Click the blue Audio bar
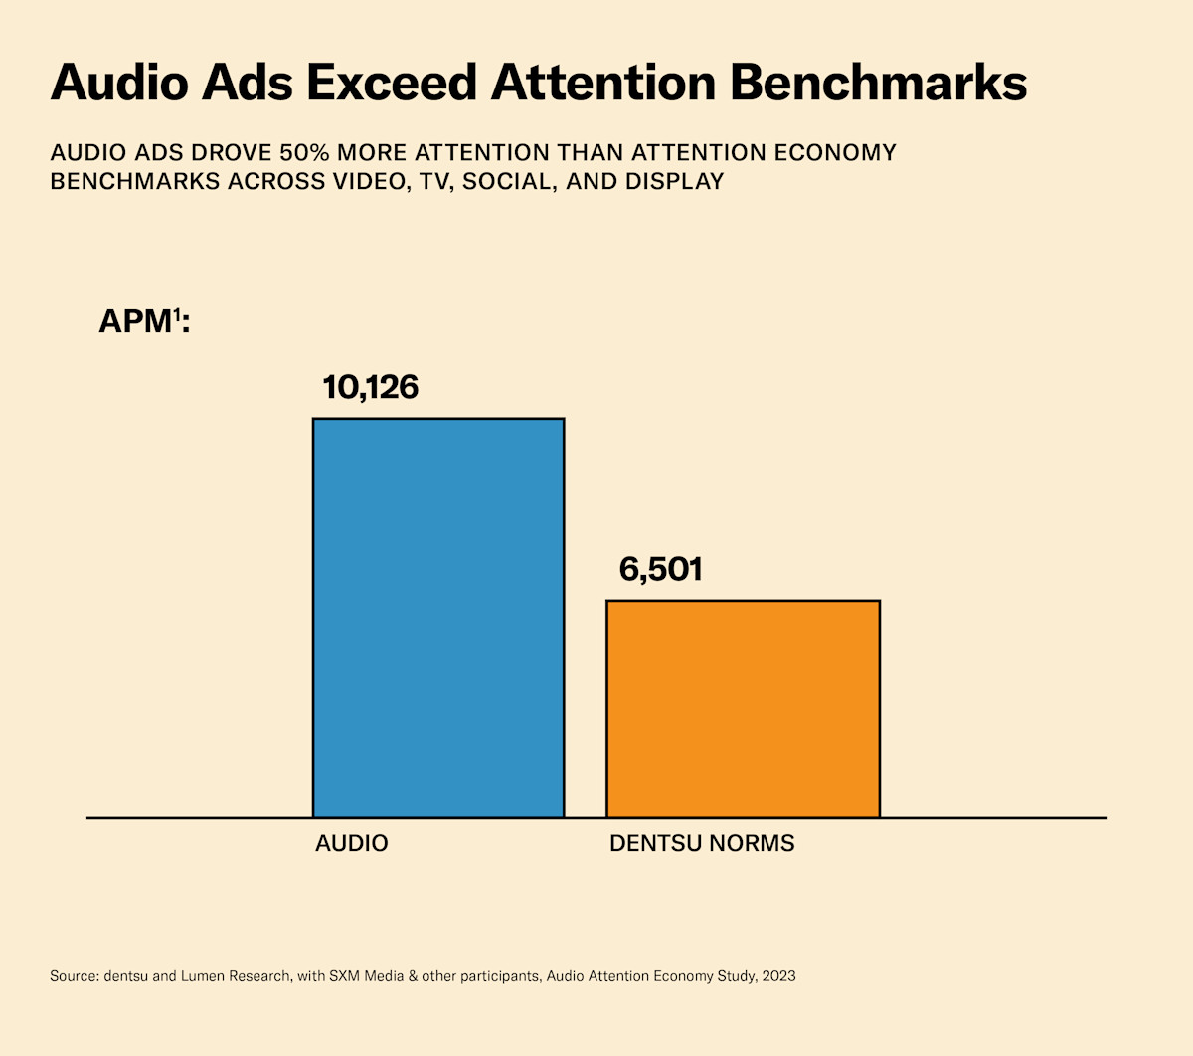438,617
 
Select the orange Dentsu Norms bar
743,708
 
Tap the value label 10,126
371,387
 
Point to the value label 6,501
660,570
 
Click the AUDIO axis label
351,844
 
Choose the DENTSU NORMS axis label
702,844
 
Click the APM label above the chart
135,321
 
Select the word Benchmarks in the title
879,83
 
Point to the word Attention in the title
602,83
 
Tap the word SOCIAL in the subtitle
506,182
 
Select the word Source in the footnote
73,976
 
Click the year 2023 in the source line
778,976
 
